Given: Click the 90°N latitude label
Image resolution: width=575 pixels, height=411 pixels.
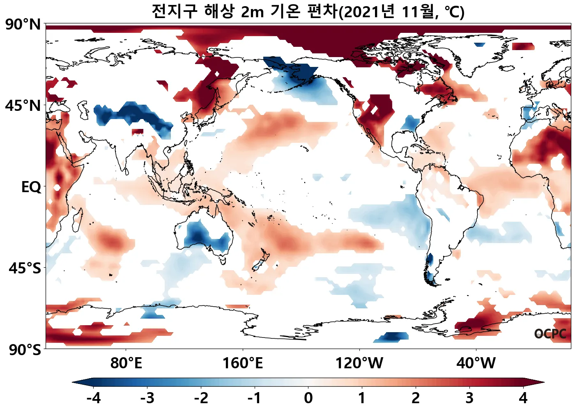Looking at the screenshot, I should (23, 25).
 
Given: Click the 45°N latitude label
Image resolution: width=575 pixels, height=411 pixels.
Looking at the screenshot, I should (23, 106).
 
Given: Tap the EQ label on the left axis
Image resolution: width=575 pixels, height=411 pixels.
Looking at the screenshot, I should (31, 187).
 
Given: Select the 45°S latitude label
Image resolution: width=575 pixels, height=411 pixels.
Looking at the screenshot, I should (25, 269).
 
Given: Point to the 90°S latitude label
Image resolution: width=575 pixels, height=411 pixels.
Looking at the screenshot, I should (25, 350).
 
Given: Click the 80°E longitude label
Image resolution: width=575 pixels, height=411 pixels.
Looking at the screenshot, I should (126, 363).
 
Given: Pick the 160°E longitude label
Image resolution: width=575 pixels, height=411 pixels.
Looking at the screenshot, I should (242, 363).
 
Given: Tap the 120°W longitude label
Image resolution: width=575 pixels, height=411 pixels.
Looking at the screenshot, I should (359, 363).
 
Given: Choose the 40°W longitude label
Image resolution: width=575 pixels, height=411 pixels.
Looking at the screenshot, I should (476, 363).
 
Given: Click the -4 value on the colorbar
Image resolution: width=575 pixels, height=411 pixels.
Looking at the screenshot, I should (93, 398).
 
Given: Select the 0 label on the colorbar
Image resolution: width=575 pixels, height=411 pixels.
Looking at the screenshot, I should (308, 398).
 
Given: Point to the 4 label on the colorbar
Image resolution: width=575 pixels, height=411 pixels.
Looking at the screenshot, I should (523, 398).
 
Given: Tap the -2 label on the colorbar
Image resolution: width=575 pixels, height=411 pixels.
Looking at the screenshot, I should (201, 398).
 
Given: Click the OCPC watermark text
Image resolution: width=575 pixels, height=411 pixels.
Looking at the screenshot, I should (550, 334).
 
